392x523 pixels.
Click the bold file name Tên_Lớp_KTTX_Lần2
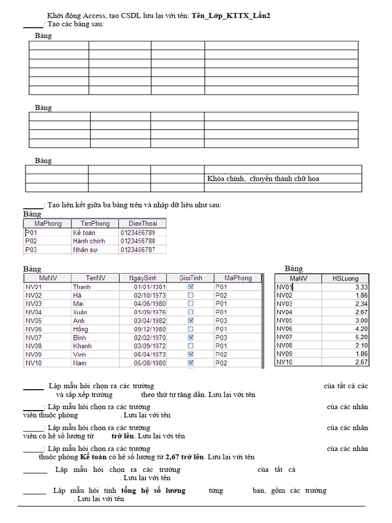coord(231,16)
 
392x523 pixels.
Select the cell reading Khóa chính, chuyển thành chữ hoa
coord(263,179)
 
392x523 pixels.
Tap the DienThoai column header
coord(142,223)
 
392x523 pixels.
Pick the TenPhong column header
coord(95,223)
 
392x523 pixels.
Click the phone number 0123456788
coord(137,241)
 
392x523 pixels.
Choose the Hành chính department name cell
coord(88,241)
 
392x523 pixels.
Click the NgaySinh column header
coord(143,278)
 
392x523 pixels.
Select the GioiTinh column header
coord(190,278)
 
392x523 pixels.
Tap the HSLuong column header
coord(345,278)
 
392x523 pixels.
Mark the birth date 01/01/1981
coord(150,287)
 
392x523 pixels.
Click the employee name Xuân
coord(80,312)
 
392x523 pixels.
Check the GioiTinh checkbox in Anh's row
coord(190,320)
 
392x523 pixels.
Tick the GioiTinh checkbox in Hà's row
coord(190,295)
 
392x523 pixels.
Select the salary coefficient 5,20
coord(360,337)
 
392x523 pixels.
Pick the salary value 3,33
coord(360,287)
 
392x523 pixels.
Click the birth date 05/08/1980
coord(150,363)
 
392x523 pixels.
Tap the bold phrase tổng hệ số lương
coord(153,490)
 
